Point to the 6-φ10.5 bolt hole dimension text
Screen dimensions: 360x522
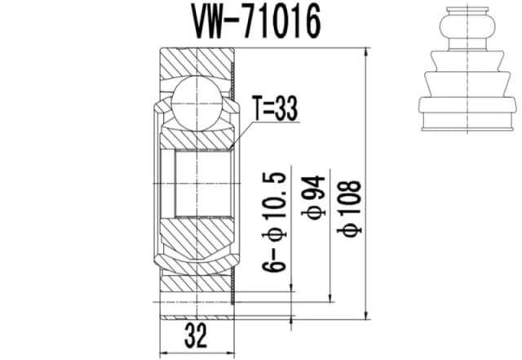click(x=277, y=221)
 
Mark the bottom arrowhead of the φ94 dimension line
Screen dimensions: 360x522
click(x=330, y=298)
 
